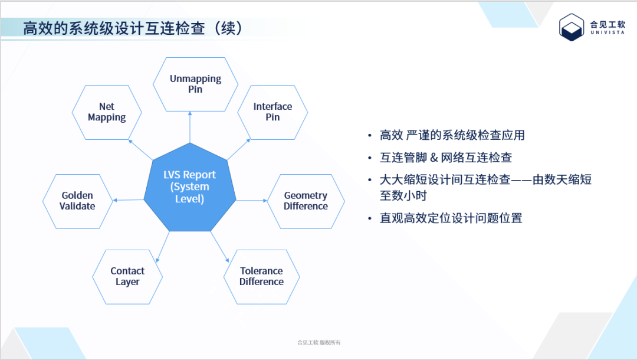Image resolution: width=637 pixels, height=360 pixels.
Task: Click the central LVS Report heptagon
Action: (x=189, y=187)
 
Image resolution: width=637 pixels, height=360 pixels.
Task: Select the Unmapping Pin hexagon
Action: (x=195, y=84)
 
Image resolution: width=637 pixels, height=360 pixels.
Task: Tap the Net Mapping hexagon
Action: (x=107, y=112)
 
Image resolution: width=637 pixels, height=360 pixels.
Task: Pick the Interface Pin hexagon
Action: (x=272, y=112)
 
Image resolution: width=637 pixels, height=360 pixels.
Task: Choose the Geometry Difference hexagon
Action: (x=306, y=201)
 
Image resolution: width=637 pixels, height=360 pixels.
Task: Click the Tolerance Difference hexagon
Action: (x=261, y=276)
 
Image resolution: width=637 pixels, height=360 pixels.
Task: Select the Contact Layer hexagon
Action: (x=127, y=276)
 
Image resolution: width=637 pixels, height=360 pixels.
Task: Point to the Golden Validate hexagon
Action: (x=77, y=201)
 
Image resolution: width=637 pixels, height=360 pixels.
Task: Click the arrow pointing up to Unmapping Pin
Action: (x=190, y=127)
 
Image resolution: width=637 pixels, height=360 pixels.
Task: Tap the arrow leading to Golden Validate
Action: (x=129, y=200)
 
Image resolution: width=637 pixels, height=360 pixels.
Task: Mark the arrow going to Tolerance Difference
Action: (x=219, y=247)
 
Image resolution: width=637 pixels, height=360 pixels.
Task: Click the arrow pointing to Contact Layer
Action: (x=163, y=247)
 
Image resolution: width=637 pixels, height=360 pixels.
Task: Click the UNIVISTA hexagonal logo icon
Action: (x=571, y=27)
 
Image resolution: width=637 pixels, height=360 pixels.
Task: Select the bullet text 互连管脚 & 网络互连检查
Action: (x=446, y=158)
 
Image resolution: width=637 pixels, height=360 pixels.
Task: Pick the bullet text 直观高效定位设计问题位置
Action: (x=451, y=218)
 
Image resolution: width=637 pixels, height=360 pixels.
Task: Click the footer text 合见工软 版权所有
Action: (x=319, y=342)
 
